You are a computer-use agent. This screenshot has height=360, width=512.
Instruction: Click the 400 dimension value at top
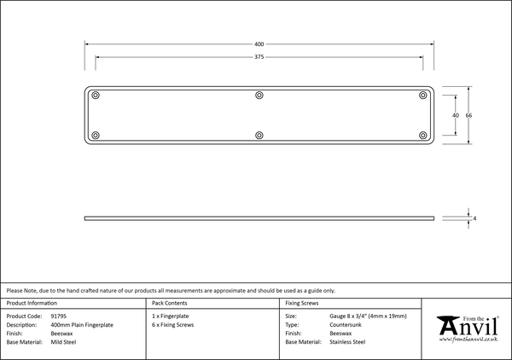tap(259, 44)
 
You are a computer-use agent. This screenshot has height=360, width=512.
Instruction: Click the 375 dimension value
tap(259, 57)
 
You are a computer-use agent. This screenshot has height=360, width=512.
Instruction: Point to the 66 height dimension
tap(468, 115)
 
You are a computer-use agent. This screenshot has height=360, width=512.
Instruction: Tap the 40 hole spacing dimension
tap(456, 115)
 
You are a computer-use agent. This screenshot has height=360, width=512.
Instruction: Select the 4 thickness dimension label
tap(474, 219)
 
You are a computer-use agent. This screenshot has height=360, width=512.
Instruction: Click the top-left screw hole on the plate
tap(96, 95)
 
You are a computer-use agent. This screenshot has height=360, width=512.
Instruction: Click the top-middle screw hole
tap(259, 95)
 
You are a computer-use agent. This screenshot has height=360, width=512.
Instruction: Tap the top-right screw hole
tap(422, 95)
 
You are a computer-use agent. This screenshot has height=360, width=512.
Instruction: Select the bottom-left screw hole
tap(96, 135)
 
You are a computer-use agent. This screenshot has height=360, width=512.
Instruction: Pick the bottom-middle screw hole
tap(259, 135)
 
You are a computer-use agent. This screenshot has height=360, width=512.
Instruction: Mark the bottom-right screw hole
tap(422, 135)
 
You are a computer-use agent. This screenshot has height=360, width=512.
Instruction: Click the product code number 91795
tap(59, 316)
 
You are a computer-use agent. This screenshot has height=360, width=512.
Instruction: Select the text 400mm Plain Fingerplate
tap(82, 325)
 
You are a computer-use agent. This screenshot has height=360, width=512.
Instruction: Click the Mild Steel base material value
tap(64, 342)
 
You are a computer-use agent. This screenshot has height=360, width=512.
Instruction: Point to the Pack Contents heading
tap(171, 303)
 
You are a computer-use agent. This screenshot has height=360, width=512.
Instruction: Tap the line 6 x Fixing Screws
tap(173, 325)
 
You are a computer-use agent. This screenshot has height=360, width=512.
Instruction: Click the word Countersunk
tap(346, 325)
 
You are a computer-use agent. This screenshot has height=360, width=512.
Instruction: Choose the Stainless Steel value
tap(347, 342)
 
